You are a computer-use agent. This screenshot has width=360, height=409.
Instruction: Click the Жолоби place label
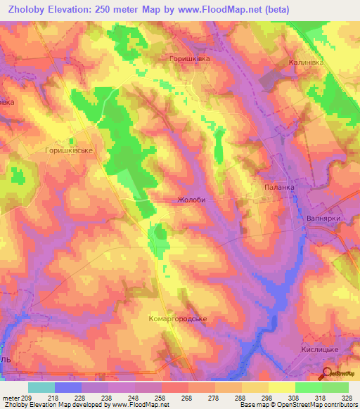(191, 200)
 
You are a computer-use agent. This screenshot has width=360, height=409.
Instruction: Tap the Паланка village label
(278, 188)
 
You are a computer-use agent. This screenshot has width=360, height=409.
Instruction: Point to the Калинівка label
(305, 63)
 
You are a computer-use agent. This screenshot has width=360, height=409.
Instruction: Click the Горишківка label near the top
(190, 60)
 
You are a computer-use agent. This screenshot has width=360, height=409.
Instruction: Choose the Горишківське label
(69, 150)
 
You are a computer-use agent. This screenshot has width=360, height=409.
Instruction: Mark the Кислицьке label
(325, 349)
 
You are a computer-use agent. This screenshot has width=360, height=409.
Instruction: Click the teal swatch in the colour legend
(41, 387)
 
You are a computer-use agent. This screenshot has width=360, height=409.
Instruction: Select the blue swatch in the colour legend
(67, 387)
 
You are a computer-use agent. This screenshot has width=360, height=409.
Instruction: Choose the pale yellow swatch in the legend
(281, 387)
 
